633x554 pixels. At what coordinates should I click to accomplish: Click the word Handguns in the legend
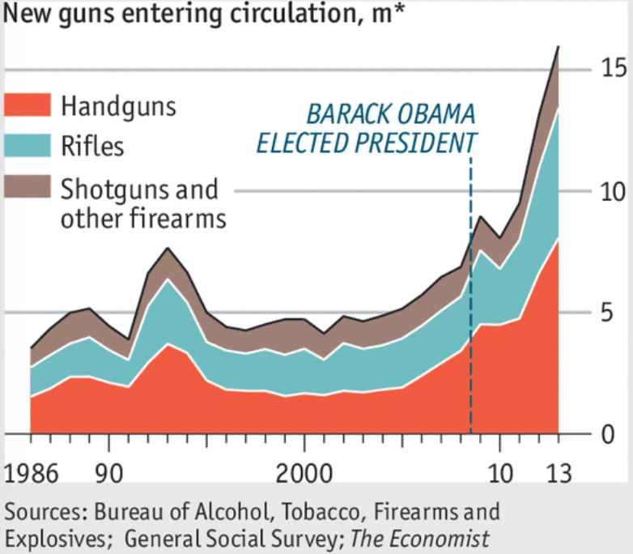(x=118, y=106)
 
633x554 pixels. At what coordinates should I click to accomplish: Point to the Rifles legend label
(x=92, y=147)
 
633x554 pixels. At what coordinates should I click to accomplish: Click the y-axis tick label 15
(x=613, y=70)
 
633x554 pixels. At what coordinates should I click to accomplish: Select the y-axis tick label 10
(x=613, y=192)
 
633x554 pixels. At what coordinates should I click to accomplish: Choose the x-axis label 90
(x=108, y=472)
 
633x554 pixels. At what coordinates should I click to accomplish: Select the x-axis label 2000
(x=304, y=472)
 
